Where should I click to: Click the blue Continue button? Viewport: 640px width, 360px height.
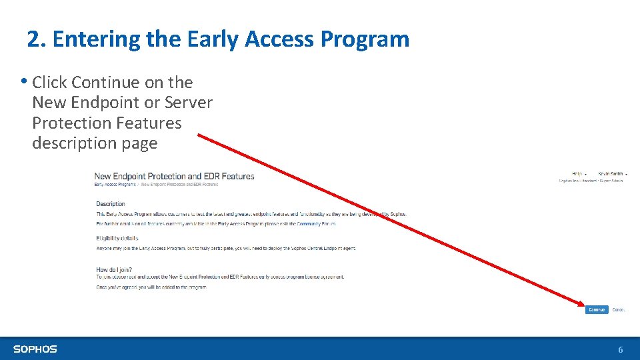597,309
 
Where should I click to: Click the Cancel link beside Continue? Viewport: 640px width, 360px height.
619,309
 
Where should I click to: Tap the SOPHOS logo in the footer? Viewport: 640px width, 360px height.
35,349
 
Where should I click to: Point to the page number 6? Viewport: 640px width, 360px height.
621,349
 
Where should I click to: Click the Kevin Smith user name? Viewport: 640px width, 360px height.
611,173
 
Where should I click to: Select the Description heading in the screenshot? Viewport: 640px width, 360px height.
110,204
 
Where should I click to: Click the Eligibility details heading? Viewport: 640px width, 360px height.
117,238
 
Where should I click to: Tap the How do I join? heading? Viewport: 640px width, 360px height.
113,269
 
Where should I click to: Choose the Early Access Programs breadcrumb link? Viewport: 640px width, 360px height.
115,184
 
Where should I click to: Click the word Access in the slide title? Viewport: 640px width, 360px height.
279,39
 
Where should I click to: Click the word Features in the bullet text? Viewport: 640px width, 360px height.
149,123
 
